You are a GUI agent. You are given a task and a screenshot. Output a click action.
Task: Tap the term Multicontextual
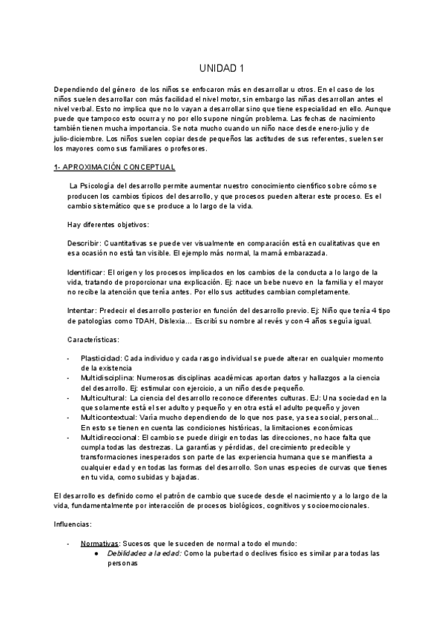[109, 418]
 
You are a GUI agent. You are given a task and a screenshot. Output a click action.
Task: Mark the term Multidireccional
[110, 438]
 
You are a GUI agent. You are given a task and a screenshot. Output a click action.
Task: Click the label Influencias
[75, 523]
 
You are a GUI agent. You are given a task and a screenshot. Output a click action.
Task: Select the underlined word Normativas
[99, 544]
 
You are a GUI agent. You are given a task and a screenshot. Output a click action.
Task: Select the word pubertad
[248, 553]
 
